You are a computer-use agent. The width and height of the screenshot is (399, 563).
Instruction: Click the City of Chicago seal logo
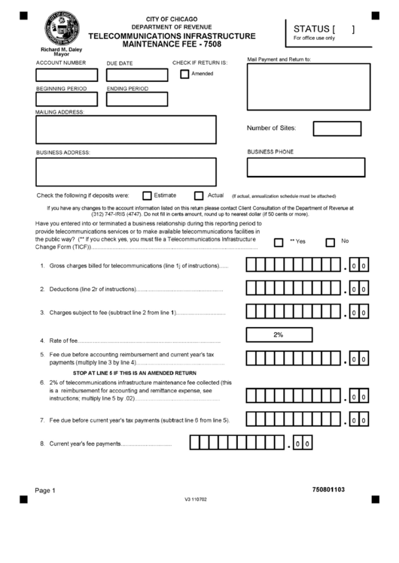pyautogui.click(x=61, y=29)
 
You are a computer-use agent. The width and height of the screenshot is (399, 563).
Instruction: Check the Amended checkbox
pyautogui.click(x=184, y=74)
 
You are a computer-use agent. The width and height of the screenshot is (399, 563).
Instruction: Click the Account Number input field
pyautogui.click(x=67, y=75)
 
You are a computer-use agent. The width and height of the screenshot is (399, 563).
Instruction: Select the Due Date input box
pyautogui.click(x=137, y=75)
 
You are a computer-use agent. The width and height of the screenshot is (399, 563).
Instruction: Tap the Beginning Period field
pyautogui.click(x=67, y=99)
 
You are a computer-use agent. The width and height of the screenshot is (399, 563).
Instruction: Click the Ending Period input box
pyautogui.click(x=137, y=99)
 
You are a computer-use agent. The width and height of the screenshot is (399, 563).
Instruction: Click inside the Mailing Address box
pyautogui.click(x=126, y=129)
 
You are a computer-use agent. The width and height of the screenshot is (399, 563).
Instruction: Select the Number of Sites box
pyautogui.click(x=337, y=128)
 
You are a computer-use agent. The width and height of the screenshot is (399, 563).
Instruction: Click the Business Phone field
pyautogui.click(x=306, y=167)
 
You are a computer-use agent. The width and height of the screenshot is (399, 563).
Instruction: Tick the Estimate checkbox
pyautogui.click(x=145, y=195)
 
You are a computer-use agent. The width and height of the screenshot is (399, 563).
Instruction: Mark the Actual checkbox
pyautogui.click(x=199, y=195)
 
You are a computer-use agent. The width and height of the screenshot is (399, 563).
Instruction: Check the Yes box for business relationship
pyautogui.click(x=279, y=242)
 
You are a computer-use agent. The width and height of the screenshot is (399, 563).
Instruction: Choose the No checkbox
pyautogui.click(x=330, y=242)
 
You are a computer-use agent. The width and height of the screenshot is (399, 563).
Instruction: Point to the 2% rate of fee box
pyautogui.click(x=278, y=335)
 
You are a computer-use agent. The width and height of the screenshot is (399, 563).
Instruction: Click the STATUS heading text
pyautogui.click(x=311, y=29)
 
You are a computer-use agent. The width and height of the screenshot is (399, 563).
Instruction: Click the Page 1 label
pyautogui.click(x=45, y=491)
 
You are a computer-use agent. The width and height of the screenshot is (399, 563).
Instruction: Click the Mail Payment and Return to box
pyautogui.click(x=309, y=86)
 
